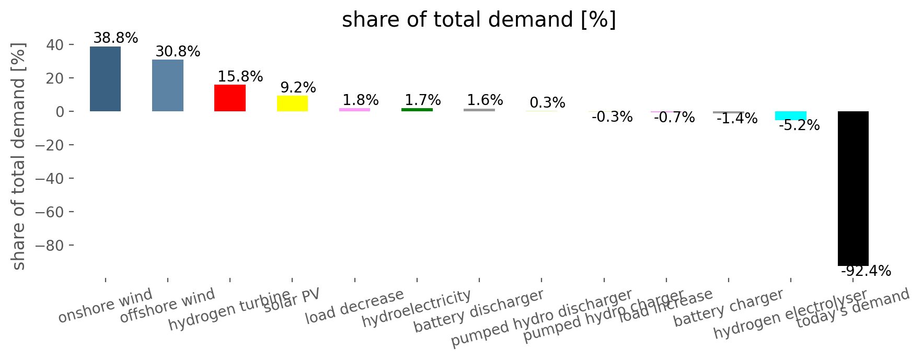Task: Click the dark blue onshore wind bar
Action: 105,79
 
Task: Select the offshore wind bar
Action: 168,85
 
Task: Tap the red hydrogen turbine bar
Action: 230,98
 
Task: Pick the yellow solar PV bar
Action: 292,103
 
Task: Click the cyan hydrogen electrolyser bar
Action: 790,115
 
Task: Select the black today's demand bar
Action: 853,188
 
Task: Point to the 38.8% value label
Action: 116,38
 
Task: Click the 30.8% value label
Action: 178,52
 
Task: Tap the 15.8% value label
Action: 240,77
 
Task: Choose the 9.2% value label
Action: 298,87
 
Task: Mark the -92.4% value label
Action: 866,271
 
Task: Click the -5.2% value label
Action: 799,125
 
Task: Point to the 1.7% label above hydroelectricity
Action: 422,100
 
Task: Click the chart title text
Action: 479,20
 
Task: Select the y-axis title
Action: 19,157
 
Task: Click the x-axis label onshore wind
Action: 105,306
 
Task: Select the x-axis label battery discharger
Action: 478,311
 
